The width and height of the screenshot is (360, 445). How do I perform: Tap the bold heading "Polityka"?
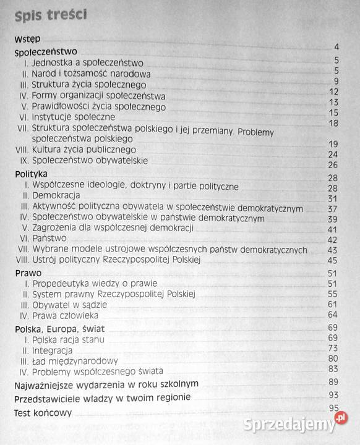point(31,175)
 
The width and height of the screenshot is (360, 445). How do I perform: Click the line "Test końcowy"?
point(43,413)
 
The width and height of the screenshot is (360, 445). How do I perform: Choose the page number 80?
point(333,358)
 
